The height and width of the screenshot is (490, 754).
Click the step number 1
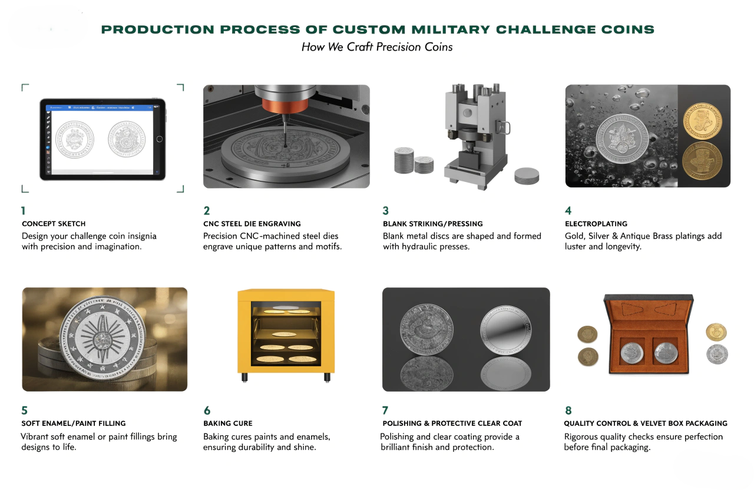pos(24,211)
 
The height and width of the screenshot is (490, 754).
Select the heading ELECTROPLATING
pos(596,224)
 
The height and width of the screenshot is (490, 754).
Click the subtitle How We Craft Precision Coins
pos(377,47)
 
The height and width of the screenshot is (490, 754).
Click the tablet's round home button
pos(159,139)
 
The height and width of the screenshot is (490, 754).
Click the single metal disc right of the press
pos(527,175)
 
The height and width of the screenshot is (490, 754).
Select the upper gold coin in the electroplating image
pos(702,119)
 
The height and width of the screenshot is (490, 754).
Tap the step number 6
pos(207,410)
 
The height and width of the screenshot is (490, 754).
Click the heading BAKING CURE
pos(227,423)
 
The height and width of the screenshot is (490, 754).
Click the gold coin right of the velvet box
pos(716,332)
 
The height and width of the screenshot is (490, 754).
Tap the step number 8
pos(568,410)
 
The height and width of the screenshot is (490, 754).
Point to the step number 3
pos(386,211)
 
